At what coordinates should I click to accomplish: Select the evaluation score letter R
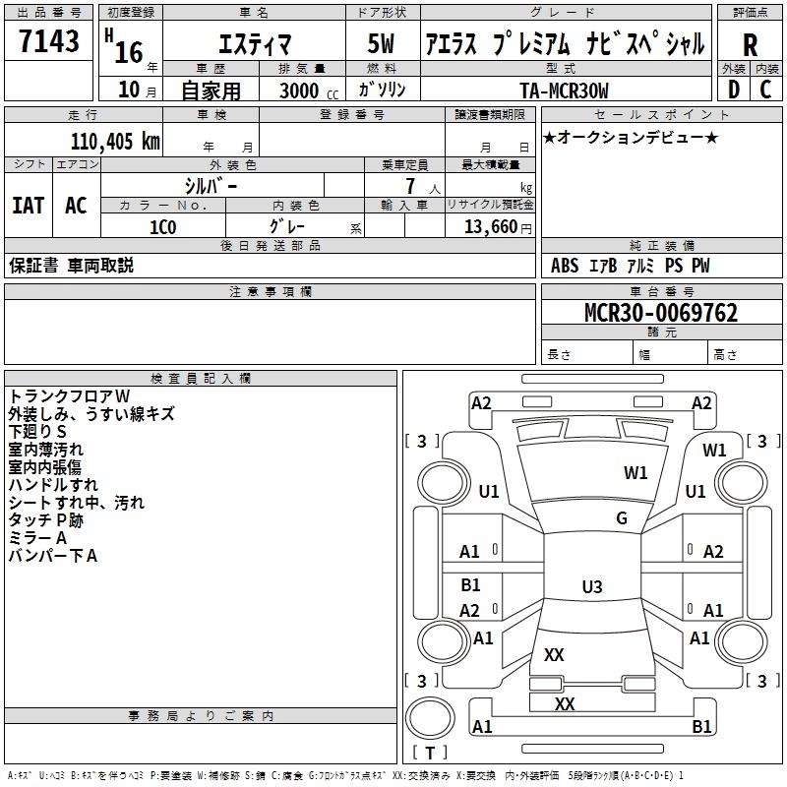(751, 44)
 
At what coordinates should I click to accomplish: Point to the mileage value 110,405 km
(114, 142)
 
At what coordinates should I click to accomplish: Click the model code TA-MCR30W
(565, 91)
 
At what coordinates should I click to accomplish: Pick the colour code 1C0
(162, 226)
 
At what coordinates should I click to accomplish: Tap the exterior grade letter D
(733, 90)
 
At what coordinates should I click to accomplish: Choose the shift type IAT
(28, 206)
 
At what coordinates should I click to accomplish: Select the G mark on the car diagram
(622, 518)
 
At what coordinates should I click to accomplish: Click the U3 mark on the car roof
(591, 587)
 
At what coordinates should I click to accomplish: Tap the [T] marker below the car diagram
(430, 753)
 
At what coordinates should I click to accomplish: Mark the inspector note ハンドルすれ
(53, 485)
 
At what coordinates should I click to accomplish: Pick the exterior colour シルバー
(211, 185)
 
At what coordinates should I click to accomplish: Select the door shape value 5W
(385, 44)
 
